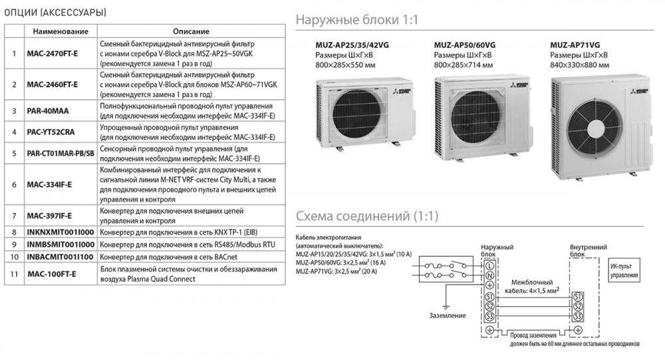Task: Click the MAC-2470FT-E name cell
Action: coord(52,52)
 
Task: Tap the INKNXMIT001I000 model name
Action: coord(59,232)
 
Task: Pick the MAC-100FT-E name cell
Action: coord(51,274)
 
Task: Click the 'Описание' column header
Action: coord(191,31)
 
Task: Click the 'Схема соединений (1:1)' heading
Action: coord(366,217)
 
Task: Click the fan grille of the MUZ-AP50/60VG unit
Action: coord(465,109)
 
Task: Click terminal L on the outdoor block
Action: coord(490,266)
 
